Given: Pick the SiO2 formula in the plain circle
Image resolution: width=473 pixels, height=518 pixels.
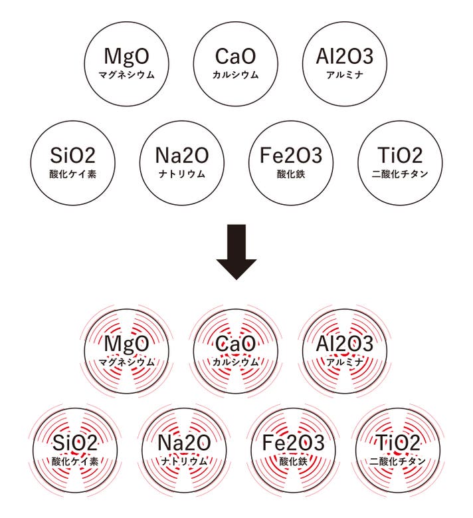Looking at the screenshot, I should pos(73,156).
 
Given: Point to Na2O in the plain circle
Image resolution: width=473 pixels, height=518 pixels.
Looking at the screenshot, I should pos(182,156).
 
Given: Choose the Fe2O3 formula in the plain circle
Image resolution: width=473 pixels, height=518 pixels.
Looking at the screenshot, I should pos(291,156).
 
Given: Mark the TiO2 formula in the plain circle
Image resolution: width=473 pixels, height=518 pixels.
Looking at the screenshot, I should pos(399,156).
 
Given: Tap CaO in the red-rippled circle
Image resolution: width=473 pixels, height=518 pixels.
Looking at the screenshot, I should pos(235,344).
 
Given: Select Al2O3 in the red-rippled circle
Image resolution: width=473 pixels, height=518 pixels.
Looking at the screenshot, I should pos(345,344).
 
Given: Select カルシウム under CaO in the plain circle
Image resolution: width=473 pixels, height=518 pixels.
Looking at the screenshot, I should pos(235,74).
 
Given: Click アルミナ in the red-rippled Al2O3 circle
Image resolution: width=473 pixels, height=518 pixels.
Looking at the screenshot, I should pos(345,362).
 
